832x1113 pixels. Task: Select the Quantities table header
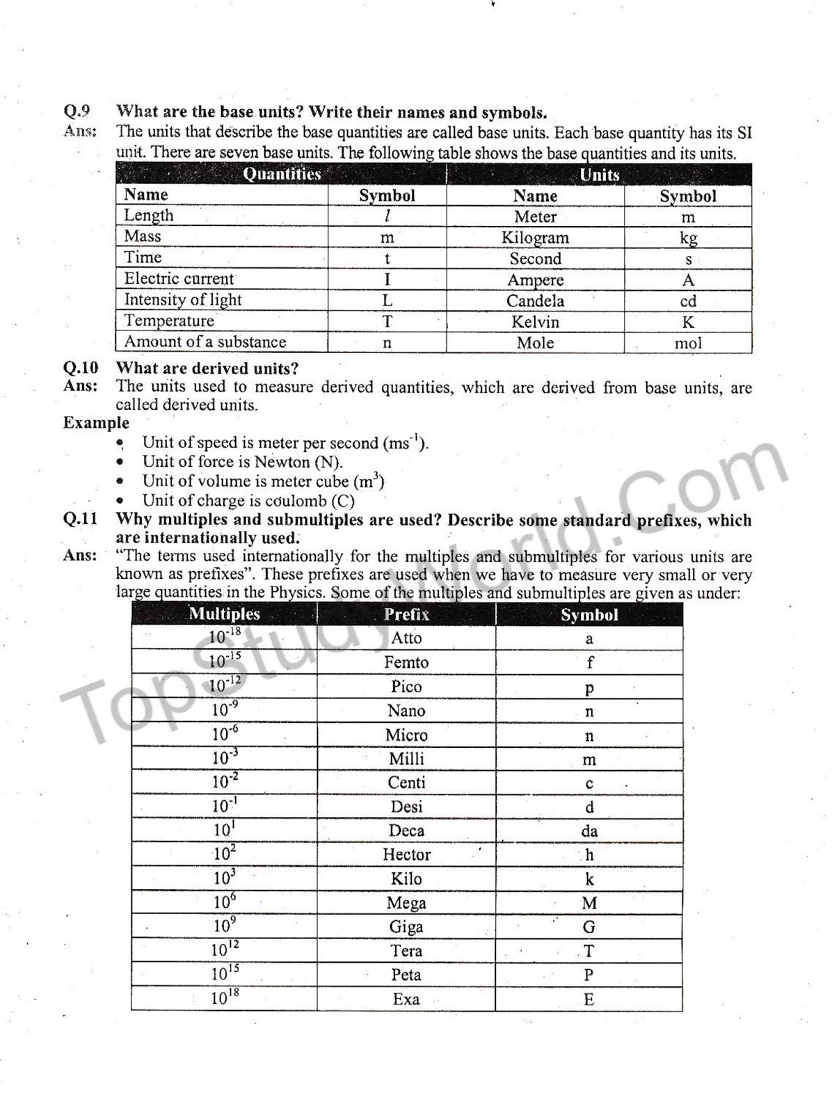(x=282, y=174)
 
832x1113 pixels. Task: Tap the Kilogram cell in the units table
(x=535, y=238)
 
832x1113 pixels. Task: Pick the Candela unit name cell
(x=535, y=301)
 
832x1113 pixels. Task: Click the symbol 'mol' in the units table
(x=688, y=343)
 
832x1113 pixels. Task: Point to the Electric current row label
(x=179, y=279)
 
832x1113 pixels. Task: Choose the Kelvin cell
(x=535, y=322)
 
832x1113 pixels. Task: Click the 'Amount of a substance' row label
(x=205, y=342)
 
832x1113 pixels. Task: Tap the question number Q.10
(x=81, y=367)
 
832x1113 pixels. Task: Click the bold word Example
(x=96, y=423)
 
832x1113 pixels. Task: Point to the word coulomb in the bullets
(x=295, y=501)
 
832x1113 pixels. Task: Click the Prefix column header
(x=406, y=614)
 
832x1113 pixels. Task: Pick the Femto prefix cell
(x=406, y=662)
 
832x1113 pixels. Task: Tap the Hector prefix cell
(x=406, y=854)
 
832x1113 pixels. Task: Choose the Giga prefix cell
(x=406, y=927)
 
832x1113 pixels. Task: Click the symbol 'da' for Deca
(x=589, y=831)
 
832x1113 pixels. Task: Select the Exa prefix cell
(x=406, y=1000)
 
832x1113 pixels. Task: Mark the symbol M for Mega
(x=589, y=904)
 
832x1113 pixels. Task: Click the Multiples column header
(x=224, y=614)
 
